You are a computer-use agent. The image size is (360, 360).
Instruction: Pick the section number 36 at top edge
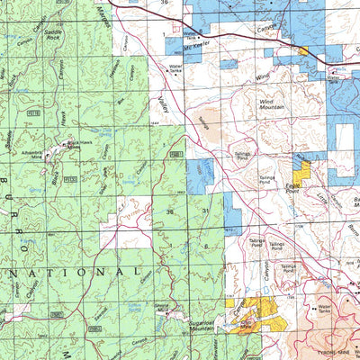(165, 4)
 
